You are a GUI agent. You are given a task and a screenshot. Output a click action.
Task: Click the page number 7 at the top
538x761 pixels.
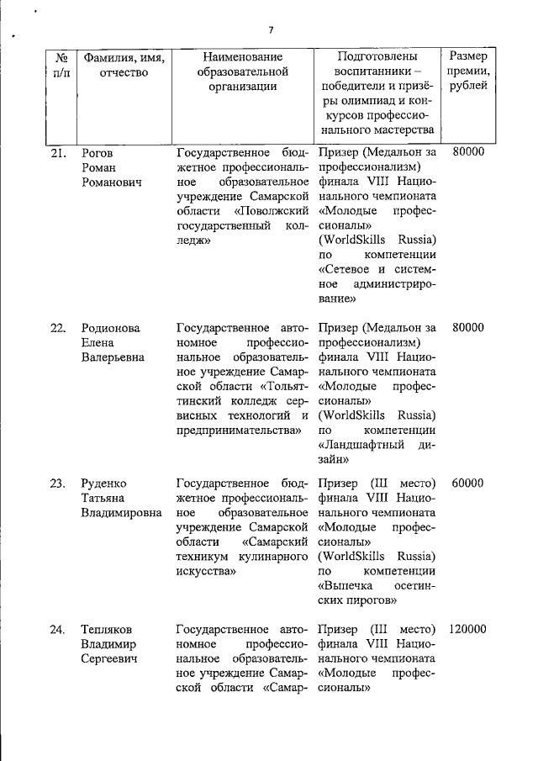pyautogui.click(x=271, y=30)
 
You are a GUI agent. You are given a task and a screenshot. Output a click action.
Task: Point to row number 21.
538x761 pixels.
pyautogui.click(x=58, y=153)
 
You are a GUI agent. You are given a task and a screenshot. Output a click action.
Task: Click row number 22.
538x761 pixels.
pyautogui.click(x=58, y=328)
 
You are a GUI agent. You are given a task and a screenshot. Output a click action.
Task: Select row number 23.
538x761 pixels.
pyautogui.click(x=58, y=484)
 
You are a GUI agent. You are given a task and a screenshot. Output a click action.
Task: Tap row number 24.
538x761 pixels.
pyautogui.click(x=58, y=629)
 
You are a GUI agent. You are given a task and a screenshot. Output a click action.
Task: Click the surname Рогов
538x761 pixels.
pyautogui.click(x=98, y=153)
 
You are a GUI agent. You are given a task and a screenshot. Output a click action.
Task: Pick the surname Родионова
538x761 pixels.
pyautogui.click(x=110, y=328)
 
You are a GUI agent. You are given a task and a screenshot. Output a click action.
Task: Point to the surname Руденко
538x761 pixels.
pyautogui.click(x=104, y=484)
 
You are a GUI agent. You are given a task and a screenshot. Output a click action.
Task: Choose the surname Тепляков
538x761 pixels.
pyautogui.click(x=108, y=629)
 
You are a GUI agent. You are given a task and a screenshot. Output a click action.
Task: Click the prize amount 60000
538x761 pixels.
pyautogui.click(x=467, y=484)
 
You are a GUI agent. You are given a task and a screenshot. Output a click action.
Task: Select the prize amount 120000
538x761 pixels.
pyautogui.click(x=467, y=629)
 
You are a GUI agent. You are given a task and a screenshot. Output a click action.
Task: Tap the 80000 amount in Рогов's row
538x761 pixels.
pyautogui.click(x=467, y=153)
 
